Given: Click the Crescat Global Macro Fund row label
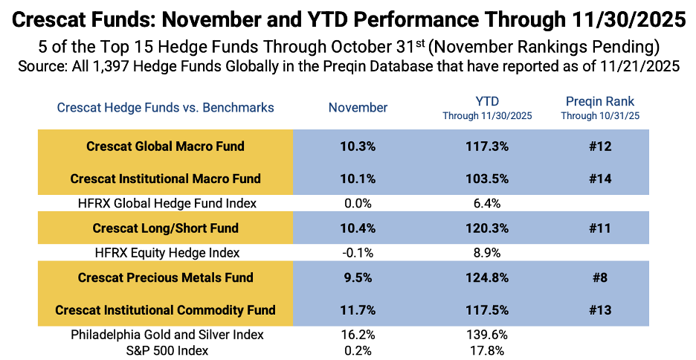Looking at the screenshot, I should coord(165,147).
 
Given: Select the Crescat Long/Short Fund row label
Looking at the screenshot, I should coord(165,228).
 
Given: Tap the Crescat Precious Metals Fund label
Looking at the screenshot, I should coord(165,277).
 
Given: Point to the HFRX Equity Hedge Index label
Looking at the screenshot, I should coord(165,252).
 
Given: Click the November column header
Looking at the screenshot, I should coord(358,108).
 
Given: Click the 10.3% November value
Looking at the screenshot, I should coord(358,147).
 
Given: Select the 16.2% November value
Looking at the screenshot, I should coord(358,335).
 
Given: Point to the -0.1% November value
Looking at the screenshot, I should coord(358,252).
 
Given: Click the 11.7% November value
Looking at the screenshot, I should coord(358,310).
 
